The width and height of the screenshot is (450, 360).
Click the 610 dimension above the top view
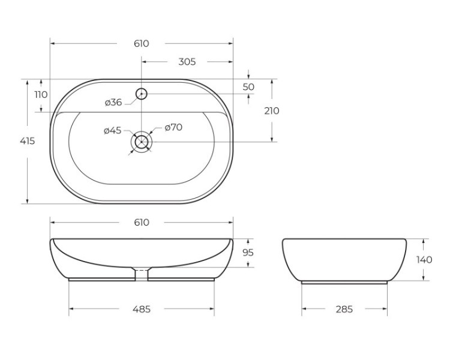tap(141, 44)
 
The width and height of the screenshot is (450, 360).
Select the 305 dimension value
tap(187, 62)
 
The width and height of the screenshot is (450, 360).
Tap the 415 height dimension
tap(27, 142)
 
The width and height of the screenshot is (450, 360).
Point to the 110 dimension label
tap(41, 95)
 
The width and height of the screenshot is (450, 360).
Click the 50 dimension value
tap(248, 87)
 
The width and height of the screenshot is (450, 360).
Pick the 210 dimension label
tap(272, 111)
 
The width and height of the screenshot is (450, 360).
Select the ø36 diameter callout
tap(113, 103)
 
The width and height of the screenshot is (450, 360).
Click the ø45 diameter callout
tap(112, 130)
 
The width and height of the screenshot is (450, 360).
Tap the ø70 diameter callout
tap(173, 127)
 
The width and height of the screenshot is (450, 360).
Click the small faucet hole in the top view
tap(142, 93)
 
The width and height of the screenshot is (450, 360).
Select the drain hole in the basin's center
tap(142, 142)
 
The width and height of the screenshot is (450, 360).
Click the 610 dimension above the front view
tap(141, 223)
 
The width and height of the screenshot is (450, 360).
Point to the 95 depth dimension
tap(248, 253)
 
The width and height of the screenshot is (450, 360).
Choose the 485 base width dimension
tap(141, 310)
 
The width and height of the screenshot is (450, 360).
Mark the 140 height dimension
tap(424, 260)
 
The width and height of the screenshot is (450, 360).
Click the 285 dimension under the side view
tap(344, 310)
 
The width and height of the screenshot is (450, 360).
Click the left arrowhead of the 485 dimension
tap(72, 310)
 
